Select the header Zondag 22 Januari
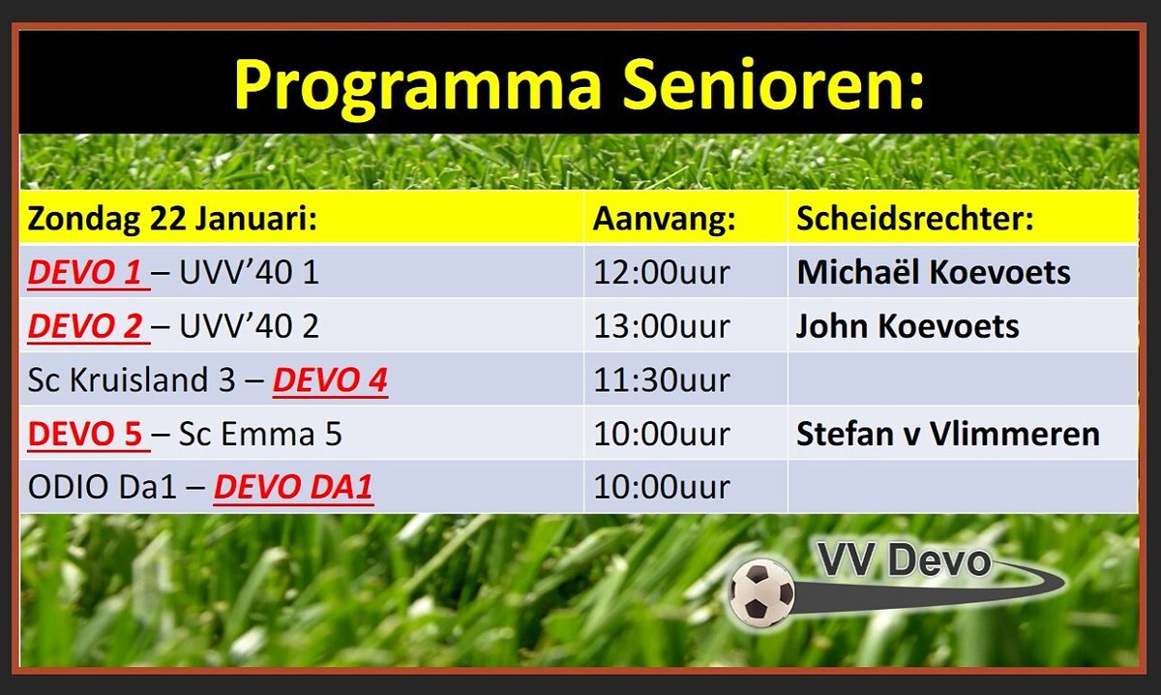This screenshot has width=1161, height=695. [x=173, y=219]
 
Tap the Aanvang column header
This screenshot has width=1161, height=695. [x=665, y=219]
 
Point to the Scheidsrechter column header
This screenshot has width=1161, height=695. [x=915, y=219]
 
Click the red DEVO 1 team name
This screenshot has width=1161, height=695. [x=85, y=273]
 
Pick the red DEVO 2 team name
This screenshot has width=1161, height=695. [x=85, y=327]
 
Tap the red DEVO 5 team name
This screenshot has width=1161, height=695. [x=85, y=435]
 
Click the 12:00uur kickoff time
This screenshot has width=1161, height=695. [x=662, y=273]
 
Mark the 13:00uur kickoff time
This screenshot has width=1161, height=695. [x=662, y=327]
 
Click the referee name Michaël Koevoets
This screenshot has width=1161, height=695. [x=934, y=273]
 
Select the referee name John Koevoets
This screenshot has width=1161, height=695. [x=908, y=327]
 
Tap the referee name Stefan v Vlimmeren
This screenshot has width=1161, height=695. [x=948, y=435]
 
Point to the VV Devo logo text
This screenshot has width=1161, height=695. [x=904, y=561]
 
